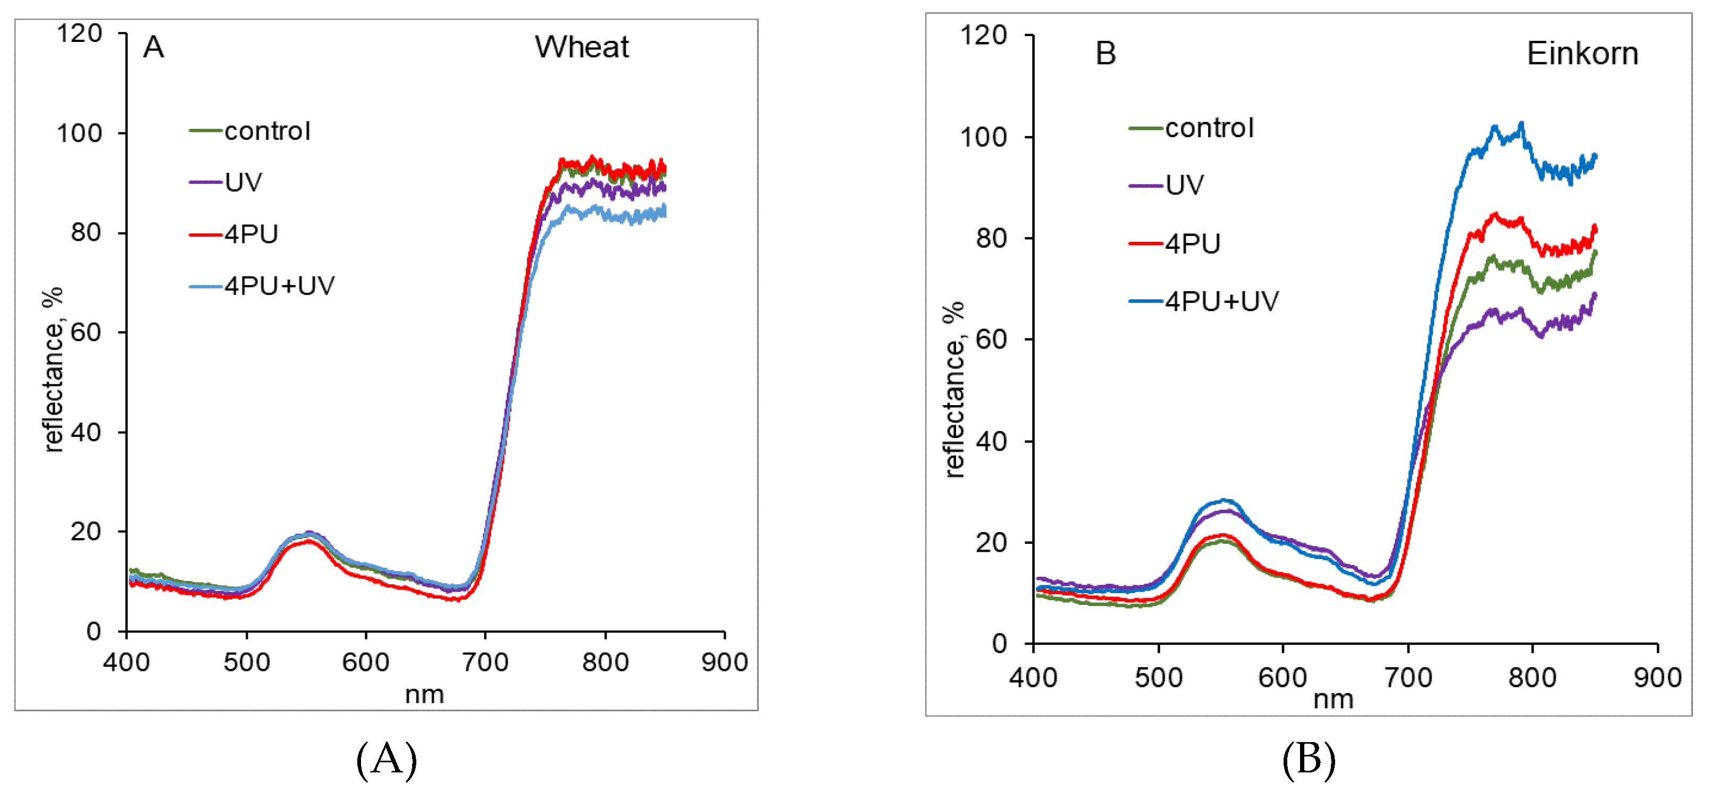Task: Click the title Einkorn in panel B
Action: (x=1582, y=53)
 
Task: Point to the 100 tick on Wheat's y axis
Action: (x=79, y=133)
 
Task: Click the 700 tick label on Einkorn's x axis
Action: (x=1407, y=678)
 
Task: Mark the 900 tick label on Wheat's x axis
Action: (x=724, y=662)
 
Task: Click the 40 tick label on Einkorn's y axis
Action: (x=991, y=441)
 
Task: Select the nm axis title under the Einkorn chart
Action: (x=1333, y=700)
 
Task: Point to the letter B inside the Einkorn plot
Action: (x=1105, y=54)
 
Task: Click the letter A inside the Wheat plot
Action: (x=153, y=47)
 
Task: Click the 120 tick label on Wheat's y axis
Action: (x=79, y=33)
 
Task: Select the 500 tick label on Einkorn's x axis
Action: (x=1159, y=678)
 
